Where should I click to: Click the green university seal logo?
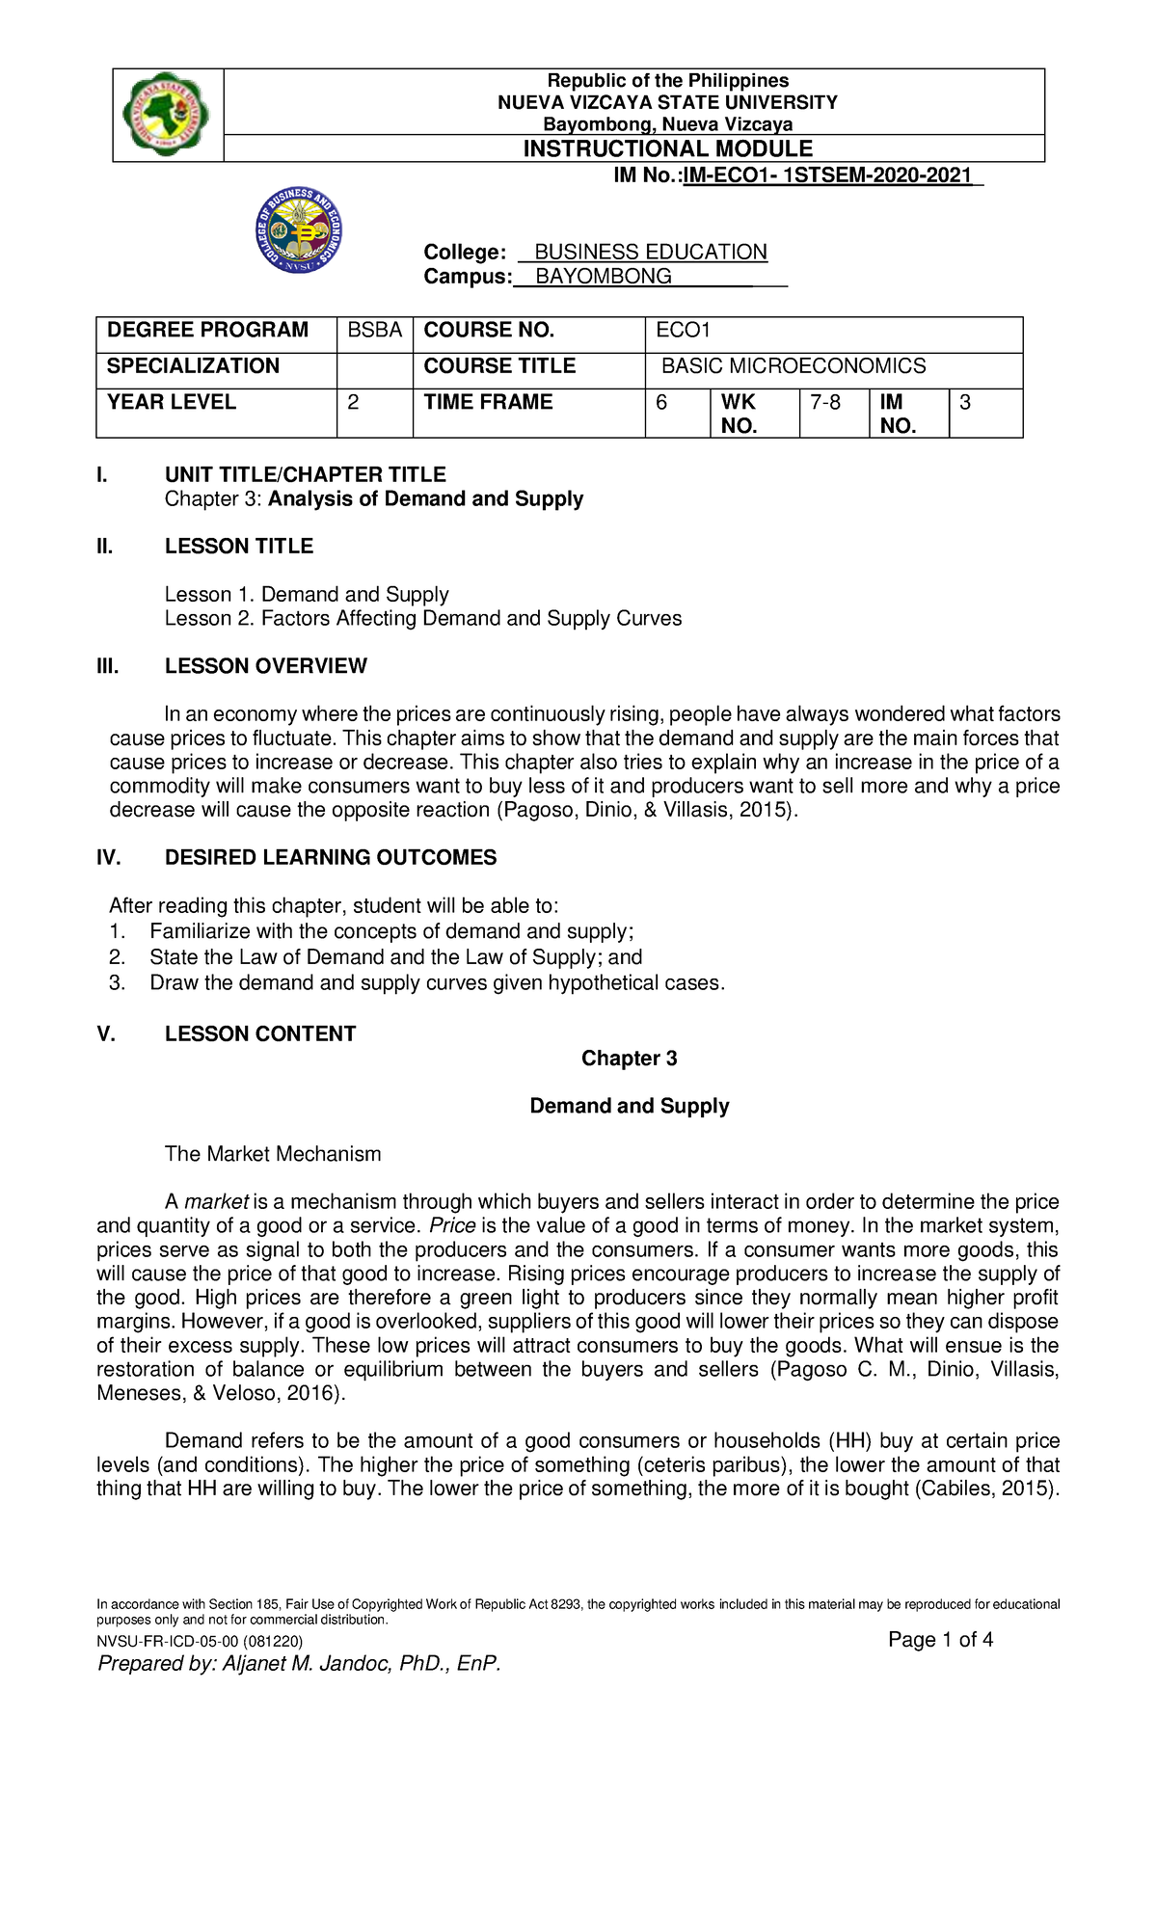[x=166, y=114]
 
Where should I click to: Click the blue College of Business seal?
[x=300, y=230]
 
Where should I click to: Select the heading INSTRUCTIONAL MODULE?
[x=667, y=148]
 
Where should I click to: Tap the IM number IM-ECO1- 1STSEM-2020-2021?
[x=827, y=175]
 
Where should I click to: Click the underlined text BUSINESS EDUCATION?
[x=651, y=252]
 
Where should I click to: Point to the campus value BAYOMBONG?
[x=604, y=277]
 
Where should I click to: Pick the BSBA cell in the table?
[x=374, y=331]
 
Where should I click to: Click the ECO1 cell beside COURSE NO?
[x=683, y=331]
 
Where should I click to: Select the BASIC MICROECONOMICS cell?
[x=793, y=366]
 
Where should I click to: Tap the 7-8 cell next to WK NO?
[x=825, y=403]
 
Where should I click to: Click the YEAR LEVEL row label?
[x=172, y=403]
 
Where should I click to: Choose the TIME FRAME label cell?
[x=488, y=403]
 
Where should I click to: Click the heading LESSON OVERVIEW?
[x=265, y=666]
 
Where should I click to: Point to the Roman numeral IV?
[x=108, y=858]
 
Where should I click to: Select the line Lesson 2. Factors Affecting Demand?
[x=422, y=619]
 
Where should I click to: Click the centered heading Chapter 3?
[x=629, y=1059]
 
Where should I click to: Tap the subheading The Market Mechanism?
[x=273, y=1154]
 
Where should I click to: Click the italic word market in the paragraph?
[x=216, y=1202]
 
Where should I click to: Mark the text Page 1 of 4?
[x=940, y=1640]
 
